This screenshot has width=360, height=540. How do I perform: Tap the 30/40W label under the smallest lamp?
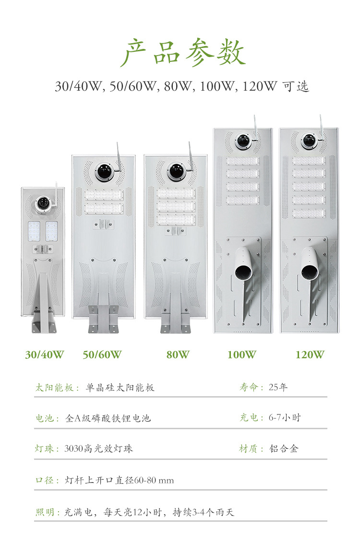click(44, 355)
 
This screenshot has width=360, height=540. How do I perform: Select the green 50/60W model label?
click(102, 355)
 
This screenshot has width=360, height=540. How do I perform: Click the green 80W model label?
click(178, 355)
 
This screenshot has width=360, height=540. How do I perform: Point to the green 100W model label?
click(241, 355)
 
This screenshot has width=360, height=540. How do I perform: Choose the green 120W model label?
click(310, 355)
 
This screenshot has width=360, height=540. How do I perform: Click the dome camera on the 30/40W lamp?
click(43, 204)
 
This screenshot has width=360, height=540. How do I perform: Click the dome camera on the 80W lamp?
click(176, 171)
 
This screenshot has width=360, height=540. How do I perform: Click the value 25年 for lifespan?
click(278, 387)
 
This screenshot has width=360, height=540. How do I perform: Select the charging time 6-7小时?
click(284, 418)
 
